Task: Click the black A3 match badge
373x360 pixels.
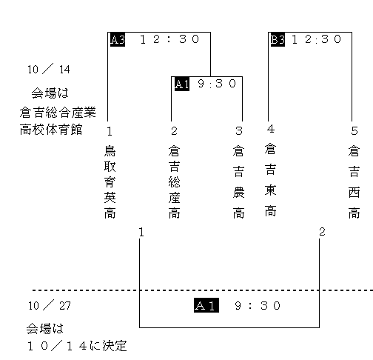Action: point(118,39)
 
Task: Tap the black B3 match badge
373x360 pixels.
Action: point(278,39)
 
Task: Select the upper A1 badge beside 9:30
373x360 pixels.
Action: point(182,84)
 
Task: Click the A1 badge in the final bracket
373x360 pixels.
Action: point(206,305)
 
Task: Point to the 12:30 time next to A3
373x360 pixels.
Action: point(169,39)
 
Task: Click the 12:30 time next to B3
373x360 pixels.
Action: point(317,39)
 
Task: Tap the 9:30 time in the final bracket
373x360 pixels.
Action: point(258,306)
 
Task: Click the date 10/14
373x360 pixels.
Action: point(49,69)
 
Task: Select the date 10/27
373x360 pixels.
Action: point(50,305)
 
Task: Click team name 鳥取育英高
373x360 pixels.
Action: point(110,182)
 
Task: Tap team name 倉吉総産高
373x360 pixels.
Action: point(174,182)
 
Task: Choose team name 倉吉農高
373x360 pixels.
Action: point(238,182)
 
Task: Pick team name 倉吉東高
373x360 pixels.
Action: point(270,180)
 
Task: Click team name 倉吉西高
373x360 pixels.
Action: point(354,182)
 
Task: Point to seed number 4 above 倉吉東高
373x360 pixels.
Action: point(271,129)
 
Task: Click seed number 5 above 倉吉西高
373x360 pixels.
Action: point(354,131)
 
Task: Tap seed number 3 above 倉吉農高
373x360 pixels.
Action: point(239,131)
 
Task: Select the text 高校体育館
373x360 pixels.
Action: point(51,130)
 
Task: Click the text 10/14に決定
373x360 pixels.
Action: point(77,346)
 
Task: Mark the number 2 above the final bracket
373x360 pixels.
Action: point(322,232)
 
